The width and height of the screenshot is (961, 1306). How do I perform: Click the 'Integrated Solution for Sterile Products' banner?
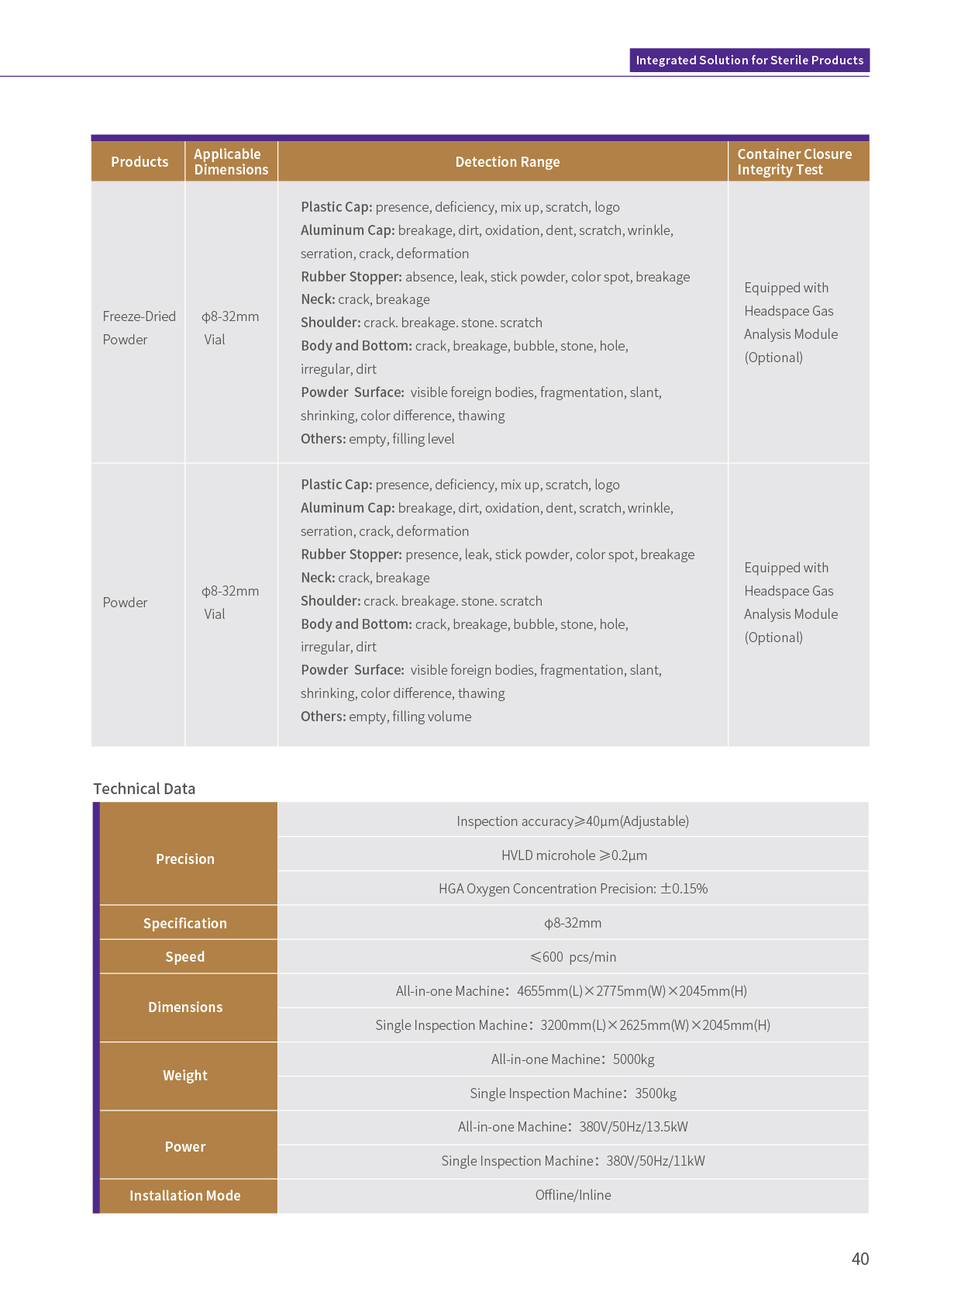point(749,60)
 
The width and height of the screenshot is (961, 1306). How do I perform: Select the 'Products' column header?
point(139,162)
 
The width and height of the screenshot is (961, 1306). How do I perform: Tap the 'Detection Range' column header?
point(507,162)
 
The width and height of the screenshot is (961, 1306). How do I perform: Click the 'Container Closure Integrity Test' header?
point(794,162)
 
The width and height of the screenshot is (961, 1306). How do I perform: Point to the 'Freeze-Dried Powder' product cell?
point(139,328)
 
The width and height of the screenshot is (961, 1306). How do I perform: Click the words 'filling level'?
point(423,439)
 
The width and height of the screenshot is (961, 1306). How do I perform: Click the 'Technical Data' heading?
point(144,789)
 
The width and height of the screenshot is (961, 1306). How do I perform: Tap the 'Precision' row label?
point(185,859)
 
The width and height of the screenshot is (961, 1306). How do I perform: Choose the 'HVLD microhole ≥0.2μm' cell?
point(573,855)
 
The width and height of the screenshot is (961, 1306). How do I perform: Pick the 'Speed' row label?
point(185,957)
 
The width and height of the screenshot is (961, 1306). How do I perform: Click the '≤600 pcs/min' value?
point(573,957)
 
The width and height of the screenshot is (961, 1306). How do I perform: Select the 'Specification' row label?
point(185,924)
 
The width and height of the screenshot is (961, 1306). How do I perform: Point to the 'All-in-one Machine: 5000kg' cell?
point(573,1059)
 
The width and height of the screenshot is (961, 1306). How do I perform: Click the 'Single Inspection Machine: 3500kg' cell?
point(573,1094)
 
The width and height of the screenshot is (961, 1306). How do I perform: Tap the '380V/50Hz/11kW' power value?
point(656,1161)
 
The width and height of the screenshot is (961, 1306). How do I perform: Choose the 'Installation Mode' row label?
point(185,1196)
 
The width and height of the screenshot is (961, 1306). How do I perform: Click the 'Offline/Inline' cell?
point(573,1195)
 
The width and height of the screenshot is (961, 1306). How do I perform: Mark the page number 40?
point(860,1259)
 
